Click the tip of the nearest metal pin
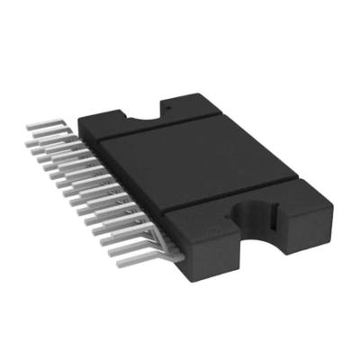click(114, 253)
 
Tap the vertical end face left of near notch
click(220, 256)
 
